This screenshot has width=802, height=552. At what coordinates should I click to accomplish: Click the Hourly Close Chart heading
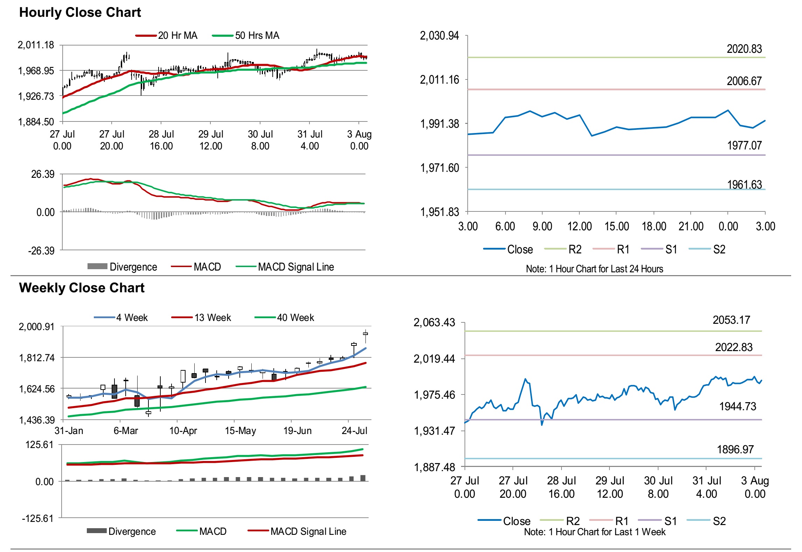click(80, 13)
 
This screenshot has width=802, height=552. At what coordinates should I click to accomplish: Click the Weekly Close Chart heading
click(82, 288)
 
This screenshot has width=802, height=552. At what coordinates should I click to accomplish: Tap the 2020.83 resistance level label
click(744, 49)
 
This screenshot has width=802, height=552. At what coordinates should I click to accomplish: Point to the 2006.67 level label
click(744, 81)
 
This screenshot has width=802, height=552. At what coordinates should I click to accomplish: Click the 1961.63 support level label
click(744, 184)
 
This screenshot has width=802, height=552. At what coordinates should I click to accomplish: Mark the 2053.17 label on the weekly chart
click(731, 320)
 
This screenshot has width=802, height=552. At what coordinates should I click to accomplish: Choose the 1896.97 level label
click(735, 449)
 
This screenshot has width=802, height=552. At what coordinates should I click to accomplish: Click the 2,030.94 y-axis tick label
click(439, 36)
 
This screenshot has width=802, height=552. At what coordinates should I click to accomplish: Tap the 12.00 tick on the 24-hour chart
click(579, 226)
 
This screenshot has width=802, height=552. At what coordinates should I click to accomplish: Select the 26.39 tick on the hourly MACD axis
click(43, 174)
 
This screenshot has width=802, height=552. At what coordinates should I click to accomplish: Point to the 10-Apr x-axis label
click(183, 431)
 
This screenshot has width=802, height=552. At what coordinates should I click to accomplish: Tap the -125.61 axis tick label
click(37, 518)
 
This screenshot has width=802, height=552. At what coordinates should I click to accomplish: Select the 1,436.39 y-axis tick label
click(37, 420)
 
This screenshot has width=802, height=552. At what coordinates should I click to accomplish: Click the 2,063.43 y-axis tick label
click(434, 322)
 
